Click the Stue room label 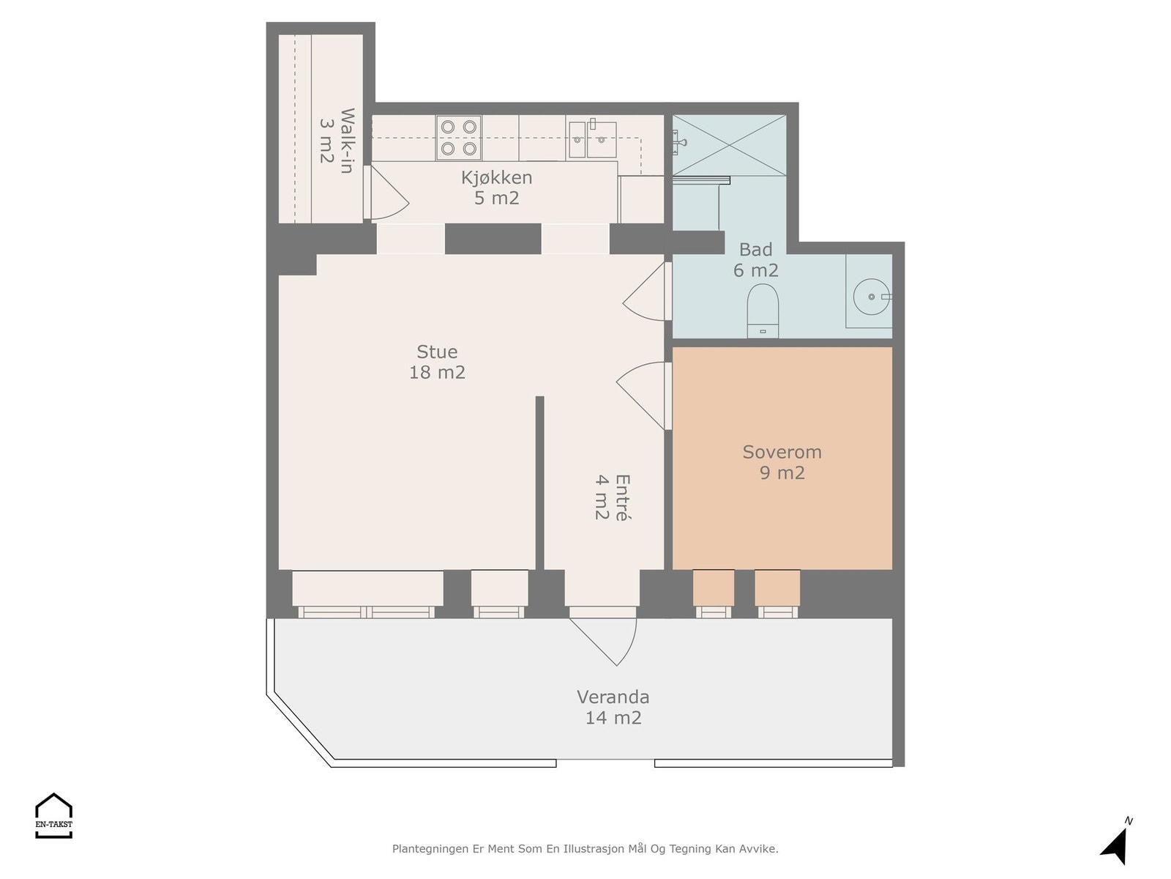437,362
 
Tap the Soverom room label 782,462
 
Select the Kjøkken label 496,188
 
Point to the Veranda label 613,707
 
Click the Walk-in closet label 337,141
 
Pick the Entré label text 613,497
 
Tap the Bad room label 755,260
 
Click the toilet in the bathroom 763,311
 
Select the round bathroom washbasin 872,297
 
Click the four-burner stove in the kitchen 459,138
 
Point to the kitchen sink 592,138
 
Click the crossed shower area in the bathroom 729,145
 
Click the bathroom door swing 646,292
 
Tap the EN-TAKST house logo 53,815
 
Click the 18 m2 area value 437,372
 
